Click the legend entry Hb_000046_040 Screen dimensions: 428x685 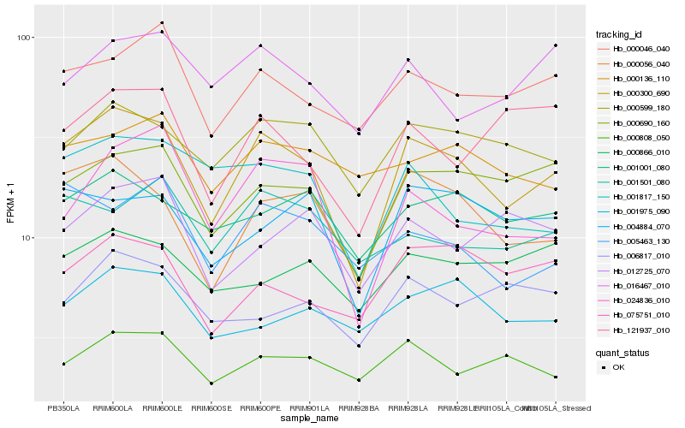(635, 50)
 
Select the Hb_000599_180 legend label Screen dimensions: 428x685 (635, 108)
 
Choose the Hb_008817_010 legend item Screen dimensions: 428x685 (635, 255)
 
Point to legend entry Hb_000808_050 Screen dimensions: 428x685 (635, 137)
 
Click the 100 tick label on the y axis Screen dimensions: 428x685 (24, 38)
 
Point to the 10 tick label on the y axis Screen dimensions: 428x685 (27, 238)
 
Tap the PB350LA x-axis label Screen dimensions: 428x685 (63, 408)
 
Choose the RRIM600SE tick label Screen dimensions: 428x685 (211, 408)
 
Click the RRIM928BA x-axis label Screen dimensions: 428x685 (359, 408)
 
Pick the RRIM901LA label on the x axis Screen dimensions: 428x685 (310, 408)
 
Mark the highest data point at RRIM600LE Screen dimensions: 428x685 (163, 23)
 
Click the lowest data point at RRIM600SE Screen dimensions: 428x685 (211, 383)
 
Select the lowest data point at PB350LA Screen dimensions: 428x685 (63, 364)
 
